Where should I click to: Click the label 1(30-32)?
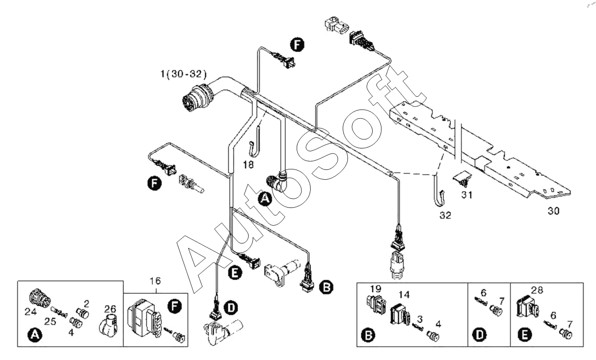pos(183,74)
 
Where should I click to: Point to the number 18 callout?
pos(248,164)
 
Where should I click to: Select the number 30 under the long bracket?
pos(554,211)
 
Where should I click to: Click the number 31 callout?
pos(467,195)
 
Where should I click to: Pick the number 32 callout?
pos(445,215)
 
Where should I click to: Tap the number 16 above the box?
pos(155,281)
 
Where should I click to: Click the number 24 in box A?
pos(30,312)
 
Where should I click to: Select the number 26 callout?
pos(110,309)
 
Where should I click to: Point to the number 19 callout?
pos(376,289)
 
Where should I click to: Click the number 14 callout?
pos(404,295)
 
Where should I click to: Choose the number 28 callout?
pos(537,290)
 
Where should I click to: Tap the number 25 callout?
pos(50,322)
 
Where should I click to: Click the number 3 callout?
pos(420,319)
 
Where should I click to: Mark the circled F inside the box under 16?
pos(175,306)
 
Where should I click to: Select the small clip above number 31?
pos(463,179)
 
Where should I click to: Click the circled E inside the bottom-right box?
pos(525,335)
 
